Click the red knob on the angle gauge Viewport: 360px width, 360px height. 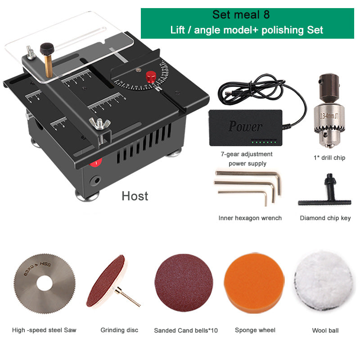point(151,76)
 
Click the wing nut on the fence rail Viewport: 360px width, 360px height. point(99,123)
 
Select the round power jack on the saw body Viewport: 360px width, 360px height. point(95,180)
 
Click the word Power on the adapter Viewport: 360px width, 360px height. point(245,126)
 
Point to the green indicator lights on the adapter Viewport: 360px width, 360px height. point(264,142)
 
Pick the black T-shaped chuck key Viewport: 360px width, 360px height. point(324,193)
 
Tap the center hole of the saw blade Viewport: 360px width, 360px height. point(44,283)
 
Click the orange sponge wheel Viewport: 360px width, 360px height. point(254,283)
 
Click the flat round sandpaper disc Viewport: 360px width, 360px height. point(184,283)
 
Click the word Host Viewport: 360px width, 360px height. point(135,196)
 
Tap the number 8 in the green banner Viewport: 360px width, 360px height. point(266,15)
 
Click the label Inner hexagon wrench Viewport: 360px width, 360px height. point(250,218)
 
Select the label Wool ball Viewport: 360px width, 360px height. point(325,330)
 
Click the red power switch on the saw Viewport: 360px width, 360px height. point(95,163)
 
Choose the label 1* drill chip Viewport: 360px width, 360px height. point(329,158)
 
